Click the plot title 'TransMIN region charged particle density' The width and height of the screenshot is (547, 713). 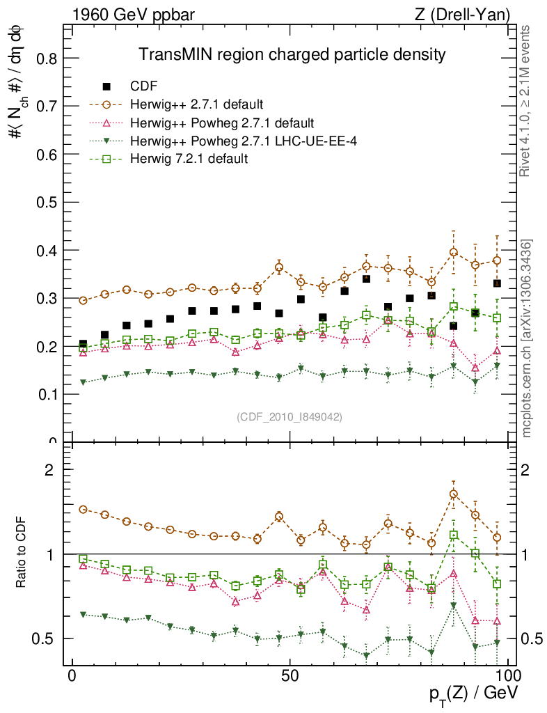click(x=292, y=54)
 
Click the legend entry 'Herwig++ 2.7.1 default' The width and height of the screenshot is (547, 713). click(x=196, y=105)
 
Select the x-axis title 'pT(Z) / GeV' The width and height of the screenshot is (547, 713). click(x=473, y=693)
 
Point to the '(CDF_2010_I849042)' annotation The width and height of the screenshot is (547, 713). click(x=289, y=416)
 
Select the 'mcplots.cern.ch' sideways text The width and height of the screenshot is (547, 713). click(x=526, y=338)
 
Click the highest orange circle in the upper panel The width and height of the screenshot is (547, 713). click(x=454, y=253)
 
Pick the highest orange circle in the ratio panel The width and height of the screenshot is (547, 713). click(x=454, y=494)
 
